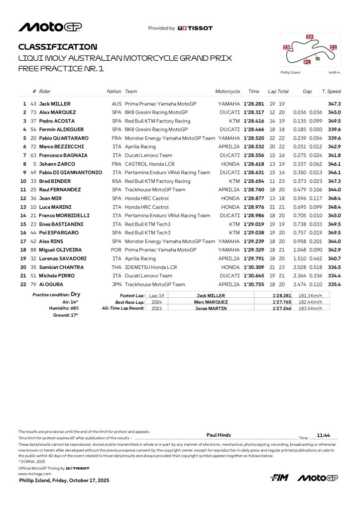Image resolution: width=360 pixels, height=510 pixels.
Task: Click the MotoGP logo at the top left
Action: (50, 27)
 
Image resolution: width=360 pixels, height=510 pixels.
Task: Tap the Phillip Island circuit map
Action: (310, 50)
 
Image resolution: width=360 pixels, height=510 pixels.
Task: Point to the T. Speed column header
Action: (331, 92)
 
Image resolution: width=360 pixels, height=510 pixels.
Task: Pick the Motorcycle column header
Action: (228, 92)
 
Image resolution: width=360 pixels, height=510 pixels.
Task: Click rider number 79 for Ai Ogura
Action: (34, 284)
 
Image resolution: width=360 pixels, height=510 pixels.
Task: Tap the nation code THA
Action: (117, 267)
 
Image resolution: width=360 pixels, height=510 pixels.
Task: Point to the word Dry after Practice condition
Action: (75, 294)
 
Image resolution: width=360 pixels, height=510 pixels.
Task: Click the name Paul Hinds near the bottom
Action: (219, 435)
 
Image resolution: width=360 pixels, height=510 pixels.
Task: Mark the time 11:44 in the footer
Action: (324, 435)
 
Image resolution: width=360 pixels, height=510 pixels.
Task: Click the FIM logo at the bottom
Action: (280, 478)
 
